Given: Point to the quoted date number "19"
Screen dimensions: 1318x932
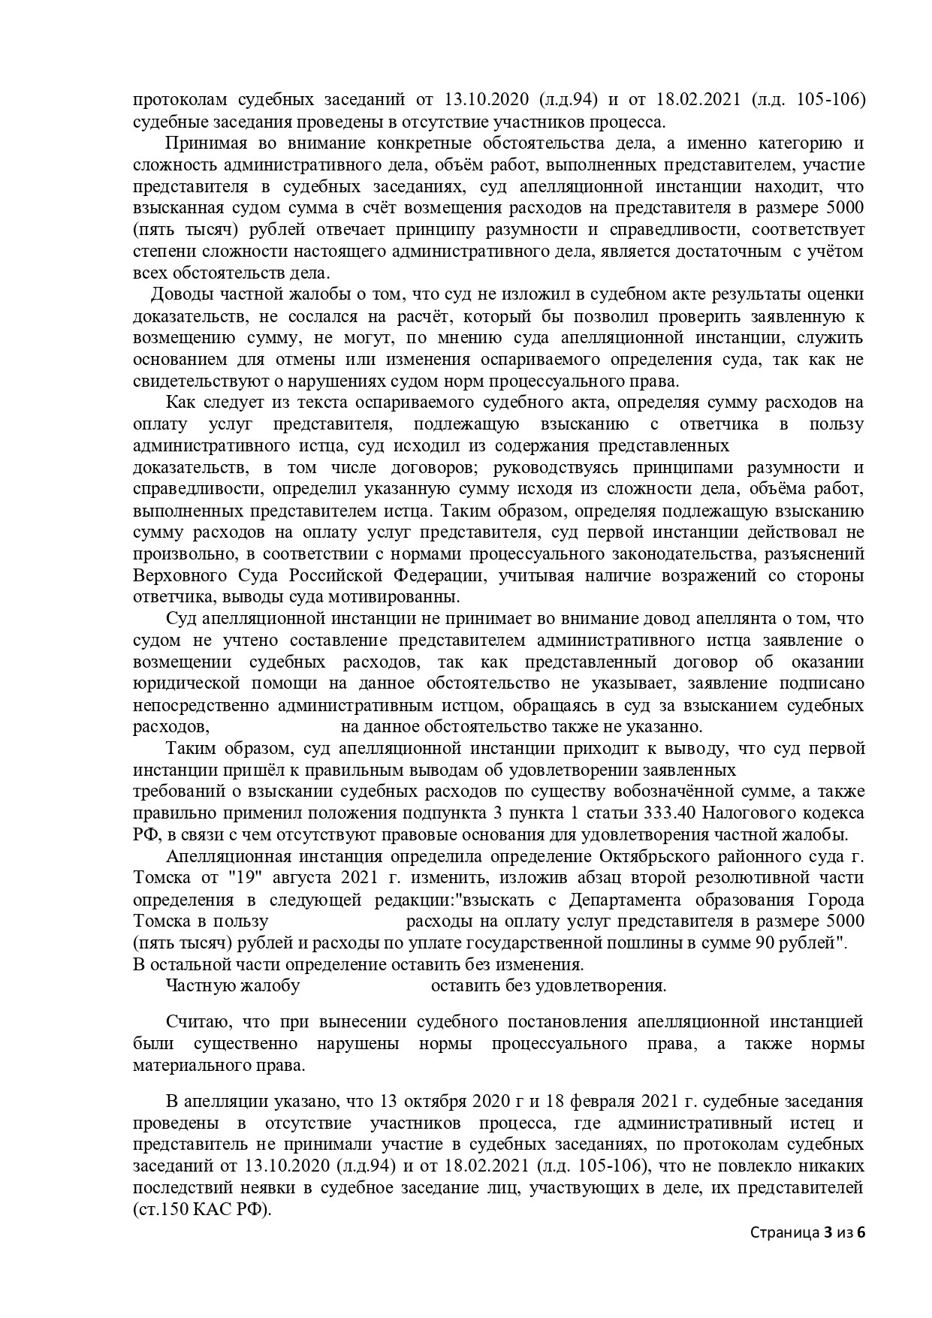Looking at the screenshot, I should click(234, 878).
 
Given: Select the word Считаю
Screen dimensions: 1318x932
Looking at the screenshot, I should click(192, 1022).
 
